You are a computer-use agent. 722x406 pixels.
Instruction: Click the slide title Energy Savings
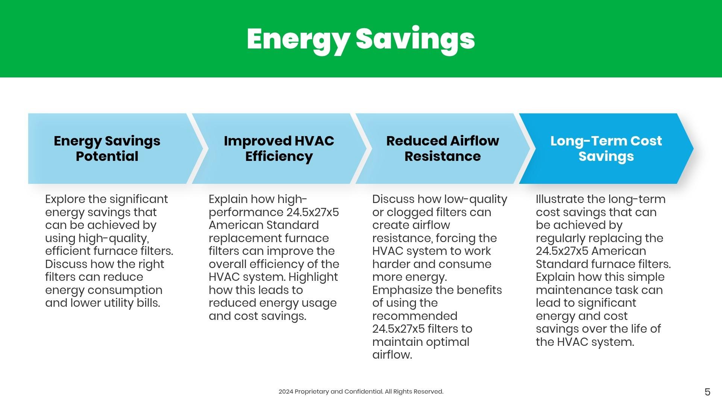click(361, 39)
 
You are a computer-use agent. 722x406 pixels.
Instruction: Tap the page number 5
click(707, 392)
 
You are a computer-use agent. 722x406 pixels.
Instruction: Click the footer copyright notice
click(361, 392)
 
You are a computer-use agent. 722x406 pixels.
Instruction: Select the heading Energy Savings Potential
click(107, 148)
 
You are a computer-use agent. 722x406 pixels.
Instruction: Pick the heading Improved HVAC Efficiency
click(279, 148)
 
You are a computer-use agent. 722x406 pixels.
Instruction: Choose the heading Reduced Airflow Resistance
click(443, 148)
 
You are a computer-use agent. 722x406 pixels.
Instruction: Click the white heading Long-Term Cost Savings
click(606, 148)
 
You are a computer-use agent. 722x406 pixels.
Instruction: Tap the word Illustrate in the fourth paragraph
click(560, 199)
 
